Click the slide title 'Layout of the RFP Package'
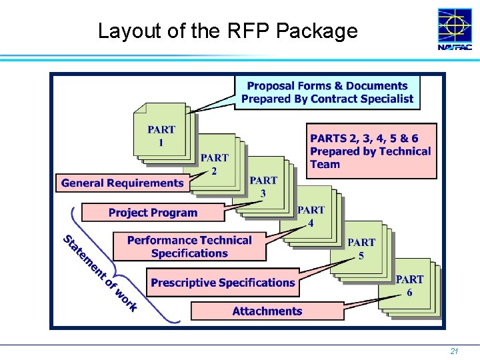[x=227, y=31]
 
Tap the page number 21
[x=453, y=351]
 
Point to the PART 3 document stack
[x=264, y=187]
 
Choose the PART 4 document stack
[x=311, y=216]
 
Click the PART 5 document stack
[x=361, y=249]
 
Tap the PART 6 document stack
[x=409, y=285]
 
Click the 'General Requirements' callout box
[x=123, y=183]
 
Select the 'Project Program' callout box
[x=153, y=213]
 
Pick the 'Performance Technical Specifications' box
[x=189, y=247]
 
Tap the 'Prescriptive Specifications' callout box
[x=223, y=283]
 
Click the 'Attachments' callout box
[x=267, y=311]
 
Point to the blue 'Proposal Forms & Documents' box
[x=327, y=93]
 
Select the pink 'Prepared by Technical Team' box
[x=371, y=151]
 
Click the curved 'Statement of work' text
[x=99, y=273]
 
